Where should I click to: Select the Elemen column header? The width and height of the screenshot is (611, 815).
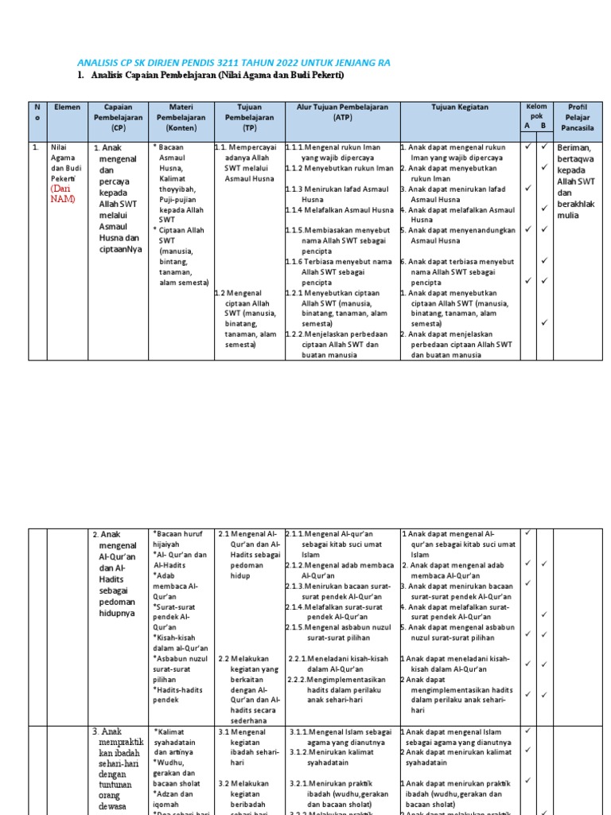click(x=68, y=107)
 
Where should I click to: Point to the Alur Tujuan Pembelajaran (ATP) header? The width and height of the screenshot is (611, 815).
click(x=342, y=112)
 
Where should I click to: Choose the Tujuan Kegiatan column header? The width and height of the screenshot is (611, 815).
click(x=459, y=107)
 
